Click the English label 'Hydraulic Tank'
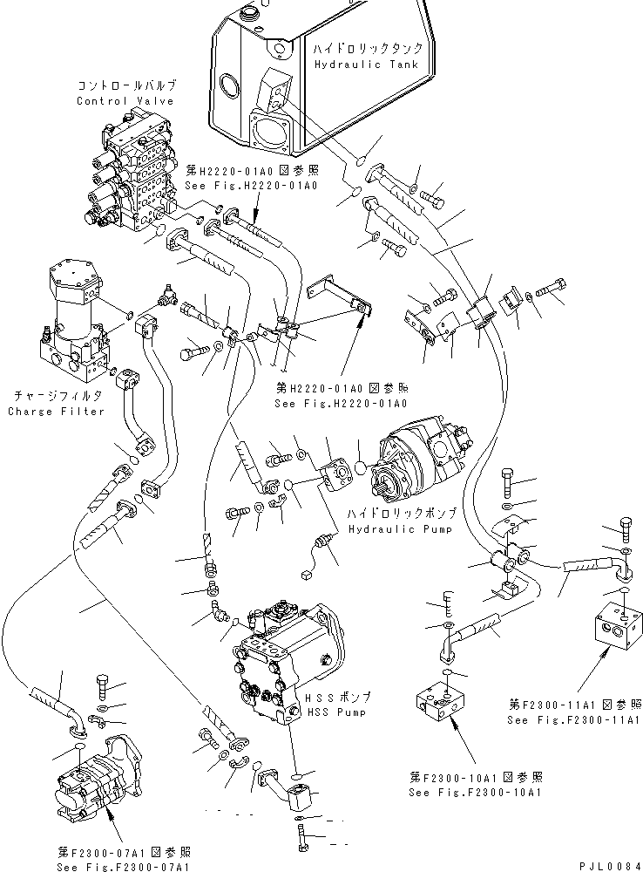pos(366,65)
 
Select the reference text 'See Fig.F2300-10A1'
pos(475,793)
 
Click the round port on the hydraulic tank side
pos(229,86)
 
